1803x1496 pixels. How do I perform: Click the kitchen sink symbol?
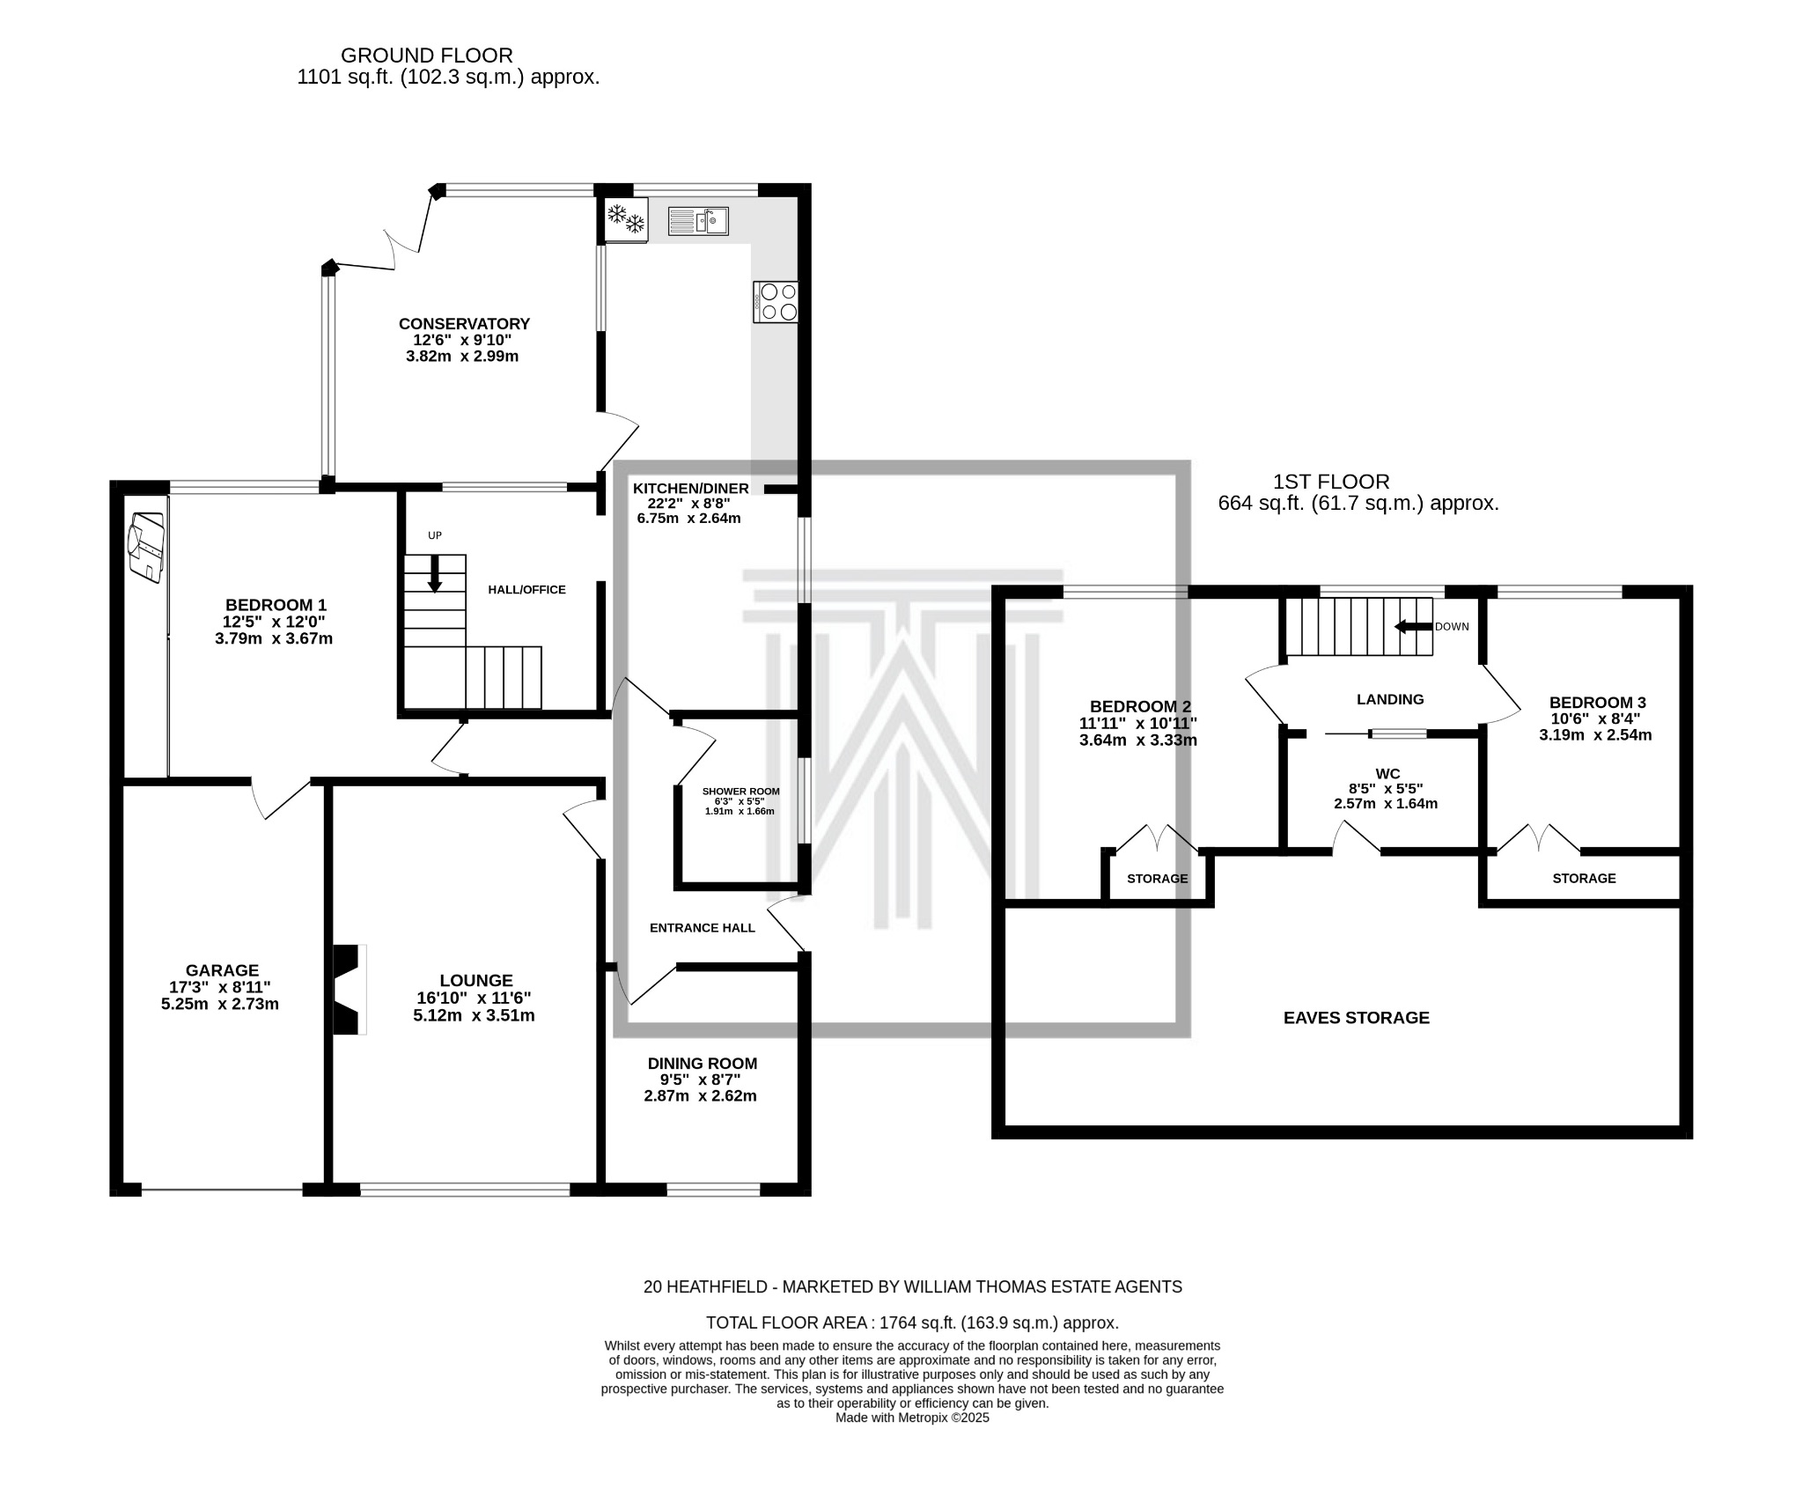click(x=698, y=220)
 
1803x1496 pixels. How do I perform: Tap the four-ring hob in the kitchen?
click(x=776, y=301)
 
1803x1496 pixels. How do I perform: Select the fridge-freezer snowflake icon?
click(x=626, y=218)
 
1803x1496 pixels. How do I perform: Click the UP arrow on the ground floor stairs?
click(x=435, y=573)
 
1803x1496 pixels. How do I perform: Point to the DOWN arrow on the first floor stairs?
click(x=1414, y=627)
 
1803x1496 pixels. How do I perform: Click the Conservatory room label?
click(x=464, y=323)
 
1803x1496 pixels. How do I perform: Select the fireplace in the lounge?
click(x=350, y=989)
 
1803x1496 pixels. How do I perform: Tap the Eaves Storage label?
click(x=1357, y=1018)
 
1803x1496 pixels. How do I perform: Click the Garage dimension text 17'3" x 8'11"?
click(x=220, y=987)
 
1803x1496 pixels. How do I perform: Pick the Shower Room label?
click(x=740, y=791)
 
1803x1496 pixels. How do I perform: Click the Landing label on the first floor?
click(x=1390, y=699)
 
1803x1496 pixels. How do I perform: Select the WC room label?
click(x=1387, y=774)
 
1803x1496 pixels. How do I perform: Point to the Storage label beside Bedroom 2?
click(x=1158, y=879)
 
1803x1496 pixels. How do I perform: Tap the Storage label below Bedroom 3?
click(x=1585, y=878)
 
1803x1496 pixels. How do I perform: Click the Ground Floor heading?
click(x=427, y=56)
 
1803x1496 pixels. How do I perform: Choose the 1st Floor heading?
click(x=1332, y=482)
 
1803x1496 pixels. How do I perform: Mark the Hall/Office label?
click(x=527, y=590)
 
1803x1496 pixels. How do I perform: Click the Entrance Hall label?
click(x=703, y=927)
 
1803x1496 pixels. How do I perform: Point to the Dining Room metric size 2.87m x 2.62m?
click(x=701, y=1096)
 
